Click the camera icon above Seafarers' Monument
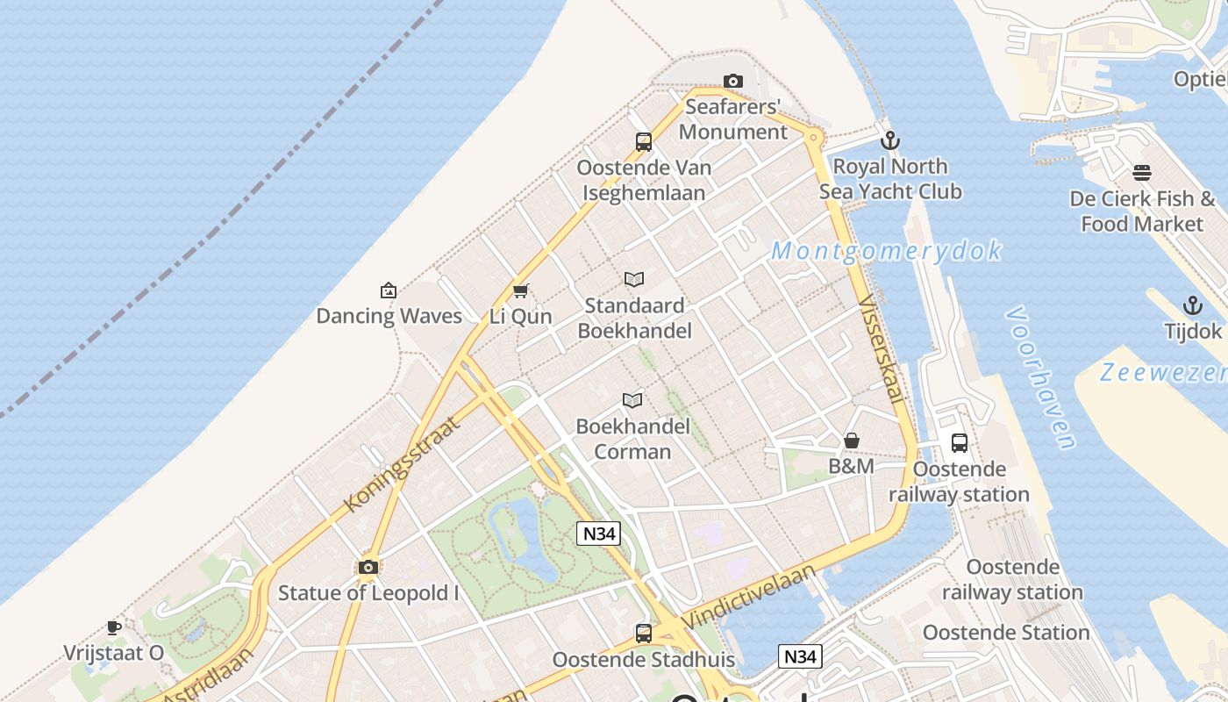(x=733, y=82)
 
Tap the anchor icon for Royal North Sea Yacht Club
(x=890, y=140)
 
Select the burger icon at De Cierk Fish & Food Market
(x=1141, y=173)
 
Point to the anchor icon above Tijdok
(x=1192, y=305)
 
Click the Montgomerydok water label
(x=886, y=251)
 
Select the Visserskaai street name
(x=881, y=350)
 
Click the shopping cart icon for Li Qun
(x=521, y=290)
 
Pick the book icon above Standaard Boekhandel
(x=634, y=279)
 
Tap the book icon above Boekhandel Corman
(x=632, y=400)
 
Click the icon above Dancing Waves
(x=389, y=290)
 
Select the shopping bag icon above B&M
(x=851, y=441)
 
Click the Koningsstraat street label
(x=402, y=465)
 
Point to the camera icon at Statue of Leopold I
(x=368, y=567)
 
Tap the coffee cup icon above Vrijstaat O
(x=114, y=627)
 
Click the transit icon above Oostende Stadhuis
(x=644, y=633)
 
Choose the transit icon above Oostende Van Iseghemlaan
(x=644, y=141)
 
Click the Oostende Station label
(x=1006, y=632)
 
